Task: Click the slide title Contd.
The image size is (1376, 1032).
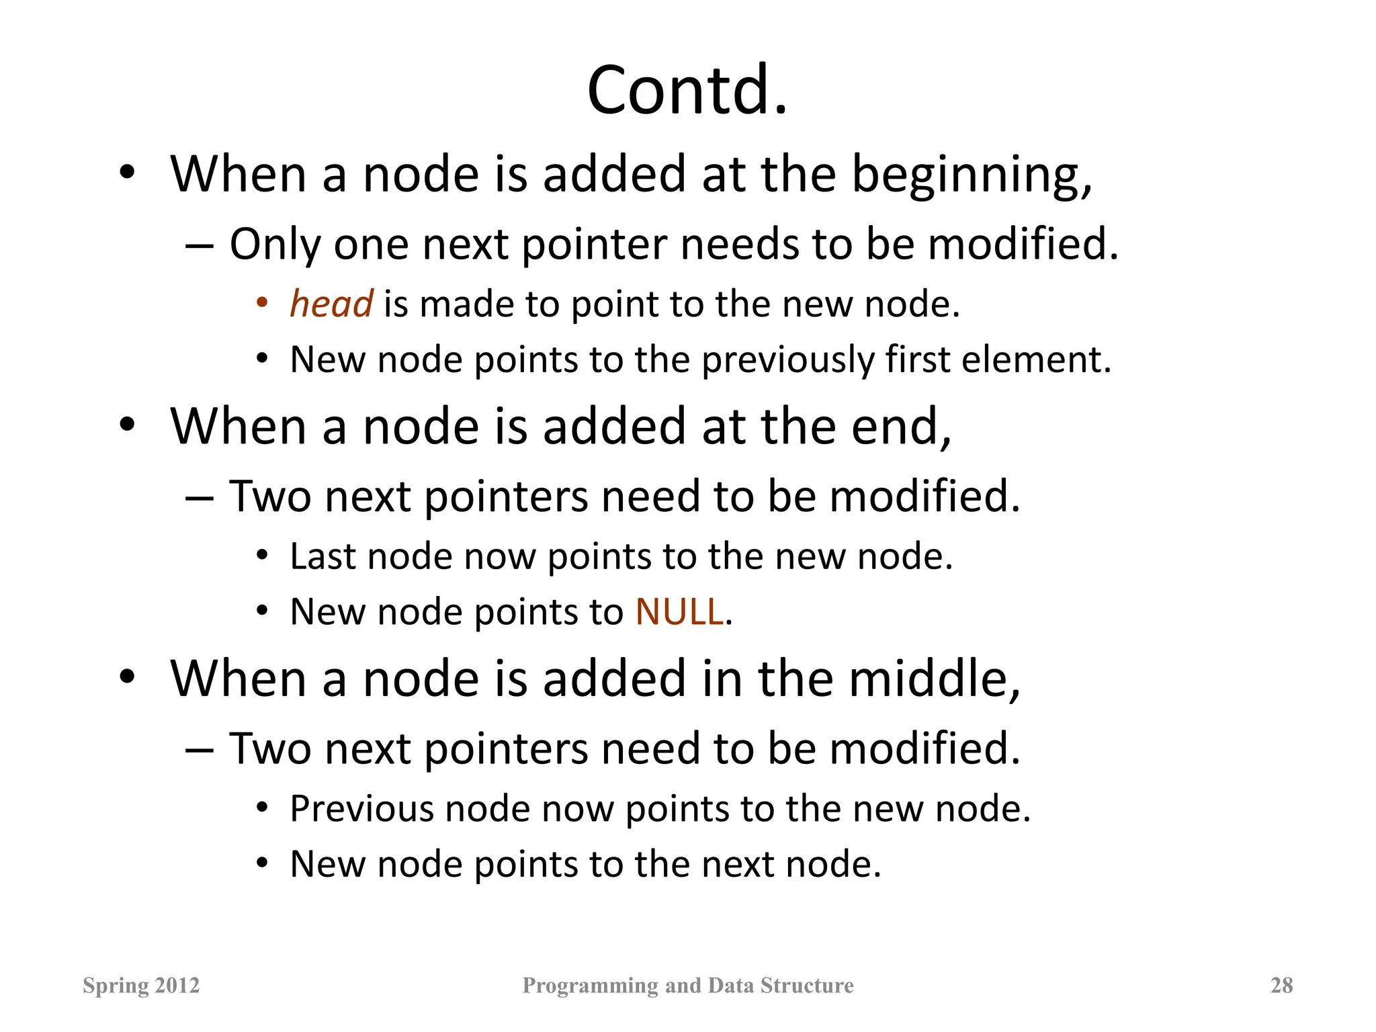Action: point(687,90)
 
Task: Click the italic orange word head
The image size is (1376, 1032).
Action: point(331,304)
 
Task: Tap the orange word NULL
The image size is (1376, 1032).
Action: point(679,612)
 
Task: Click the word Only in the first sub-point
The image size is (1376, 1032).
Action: point(274,245)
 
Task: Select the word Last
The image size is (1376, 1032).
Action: point(322,557)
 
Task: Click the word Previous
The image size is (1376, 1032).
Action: point(361,808)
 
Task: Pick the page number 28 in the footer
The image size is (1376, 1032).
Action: point(1281,985)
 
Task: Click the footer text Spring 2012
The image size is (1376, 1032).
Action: point(141,985)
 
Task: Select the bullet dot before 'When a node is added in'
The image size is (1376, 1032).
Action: point(128,677)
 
